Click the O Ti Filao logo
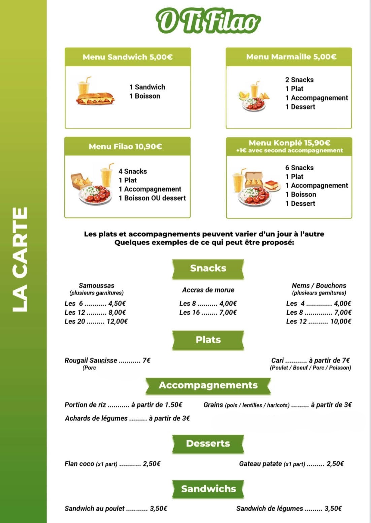coord(208,21)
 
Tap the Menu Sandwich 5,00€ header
coord(128,57)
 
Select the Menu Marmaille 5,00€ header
coord(291,57)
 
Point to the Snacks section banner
coord(208,268)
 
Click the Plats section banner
coord(208,340)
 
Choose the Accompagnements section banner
coord(208,385)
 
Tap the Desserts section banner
coord(208,444)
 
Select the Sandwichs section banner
coord(208,489)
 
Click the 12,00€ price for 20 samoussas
coord(117,322)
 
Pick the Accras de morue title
coord(208,290)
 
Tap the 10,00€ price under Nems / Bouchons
coord(341,322)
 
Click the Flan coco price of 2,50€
coord(151,464)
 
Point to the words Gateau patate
coord(260,464)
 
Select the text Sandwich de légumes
coord(269,509)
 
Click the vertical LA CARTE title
coord(20,259)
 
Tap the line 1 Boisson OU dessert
coord(152,198)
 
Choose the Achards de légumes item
coord(96,418)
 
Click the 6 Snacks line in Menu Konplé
coord(299,168)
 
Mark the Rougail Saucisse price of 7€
coord(146,360)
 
